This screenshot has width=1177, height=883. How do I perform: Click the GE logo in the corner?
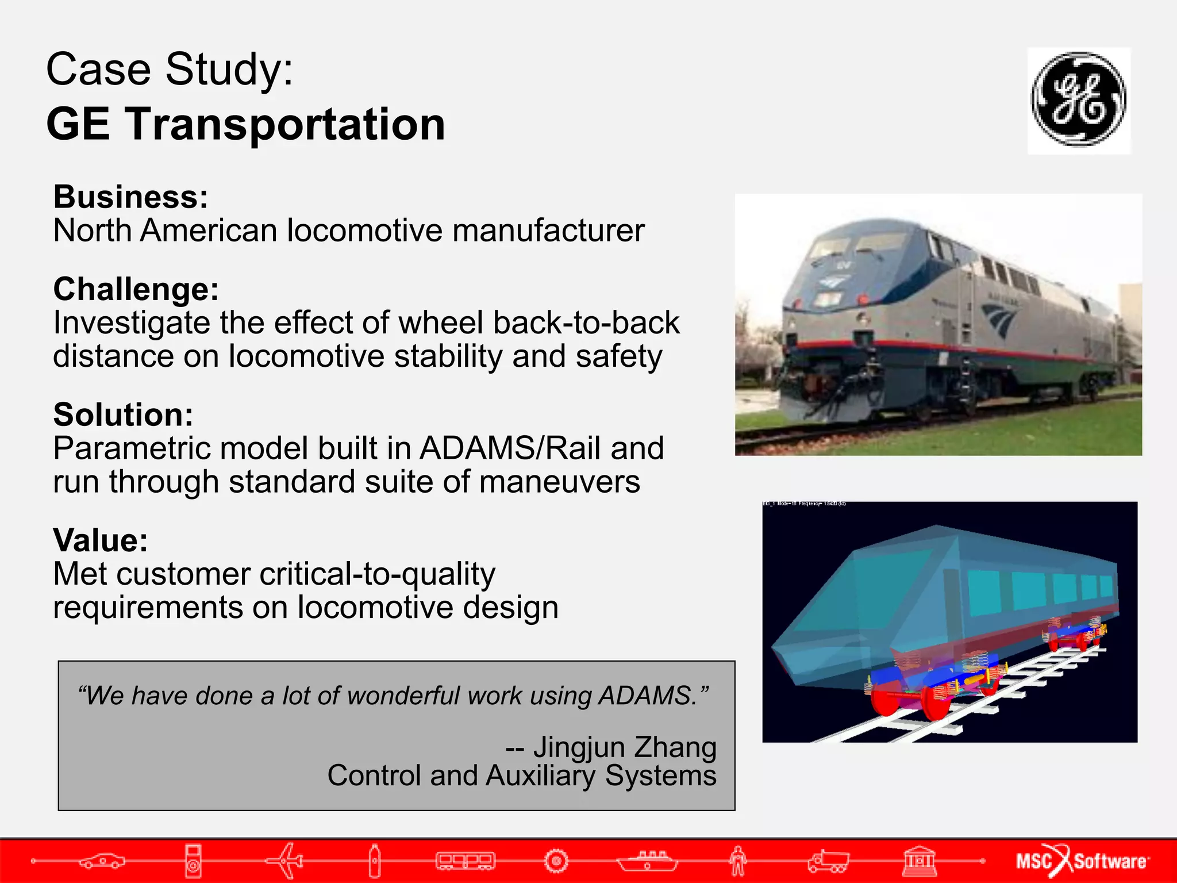(1079, 100)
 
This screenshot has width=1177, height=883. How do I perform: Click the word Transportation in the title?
(286, 124)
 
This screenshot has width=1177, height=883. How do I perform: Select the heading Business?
(130, 197)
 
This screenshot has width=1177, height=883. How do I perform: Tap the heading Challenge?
(136, 289)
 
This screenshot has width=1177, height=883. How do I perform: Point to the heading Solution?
(123, 414)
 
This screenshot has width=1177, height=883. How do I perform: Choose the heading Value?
(100, 540)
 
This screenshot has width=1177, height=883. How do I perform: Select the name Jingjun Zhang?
(624, 747)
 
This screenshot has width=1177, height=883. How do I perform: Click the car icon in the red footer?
(102, 861)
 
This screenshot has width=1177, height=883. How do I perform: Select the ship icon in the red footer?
(647, 861)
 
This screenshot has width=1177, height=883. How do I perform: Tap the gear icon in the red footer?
(556, 861)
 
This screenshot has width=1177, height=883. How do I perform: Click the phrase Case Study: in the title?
(170, 69)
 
